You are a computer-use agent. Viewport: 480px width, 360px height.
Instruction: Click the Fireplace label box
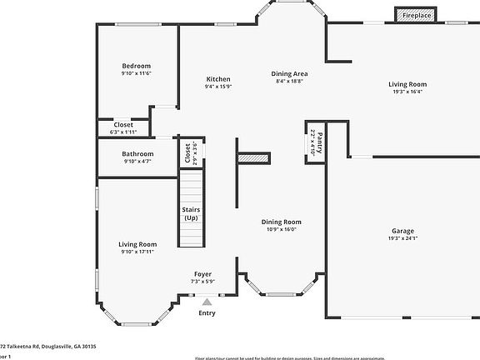pyautogui.click(x=417, y=15)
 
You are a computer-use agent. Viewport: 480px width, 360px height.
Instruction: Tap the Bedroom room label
pyautogui.click(x=137, y=66)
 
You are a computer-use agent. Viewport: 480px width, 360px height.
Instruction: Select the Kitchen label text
pyautogui.click(x=218, y=78)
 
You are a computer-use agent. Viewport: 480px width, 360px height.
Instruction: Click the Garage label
pyautogui.click(x=403, y=231)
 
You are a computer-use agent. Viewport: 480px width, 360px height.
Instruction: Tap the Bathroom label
pyautogui.click(x=137, y=153)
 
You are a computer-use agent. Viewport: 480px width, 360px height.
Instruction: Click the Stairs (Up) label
pyautogui.click(x=191, y=213)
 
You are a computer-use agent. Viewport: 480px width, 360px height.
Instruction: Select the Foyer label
pyautogui.click(x=202, y=274)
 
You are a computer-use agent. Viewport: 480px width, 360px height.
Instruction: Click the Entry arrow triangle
pyautogui.click(x=207, y=302)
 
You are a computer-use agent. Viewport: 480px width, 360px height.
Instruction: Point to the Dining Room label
pyautogui.click(x=281, y=222)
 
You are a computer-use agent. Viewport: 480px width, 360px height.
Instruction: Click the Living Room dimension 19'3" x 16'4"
pyautogui.click(x=407, y=92)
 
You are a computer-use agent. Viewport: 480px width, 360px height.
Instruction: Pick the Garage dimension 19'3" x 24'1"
pyautogui.click(x=403, y=238)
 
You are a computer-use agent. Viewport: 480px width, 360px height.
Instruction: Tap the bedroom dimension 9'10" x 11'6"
pyautogui.click(x=137, y=73)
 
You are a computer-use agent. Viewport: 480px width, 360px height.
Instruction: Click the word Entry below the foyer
pyautogui.click(x=207, y=313)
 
